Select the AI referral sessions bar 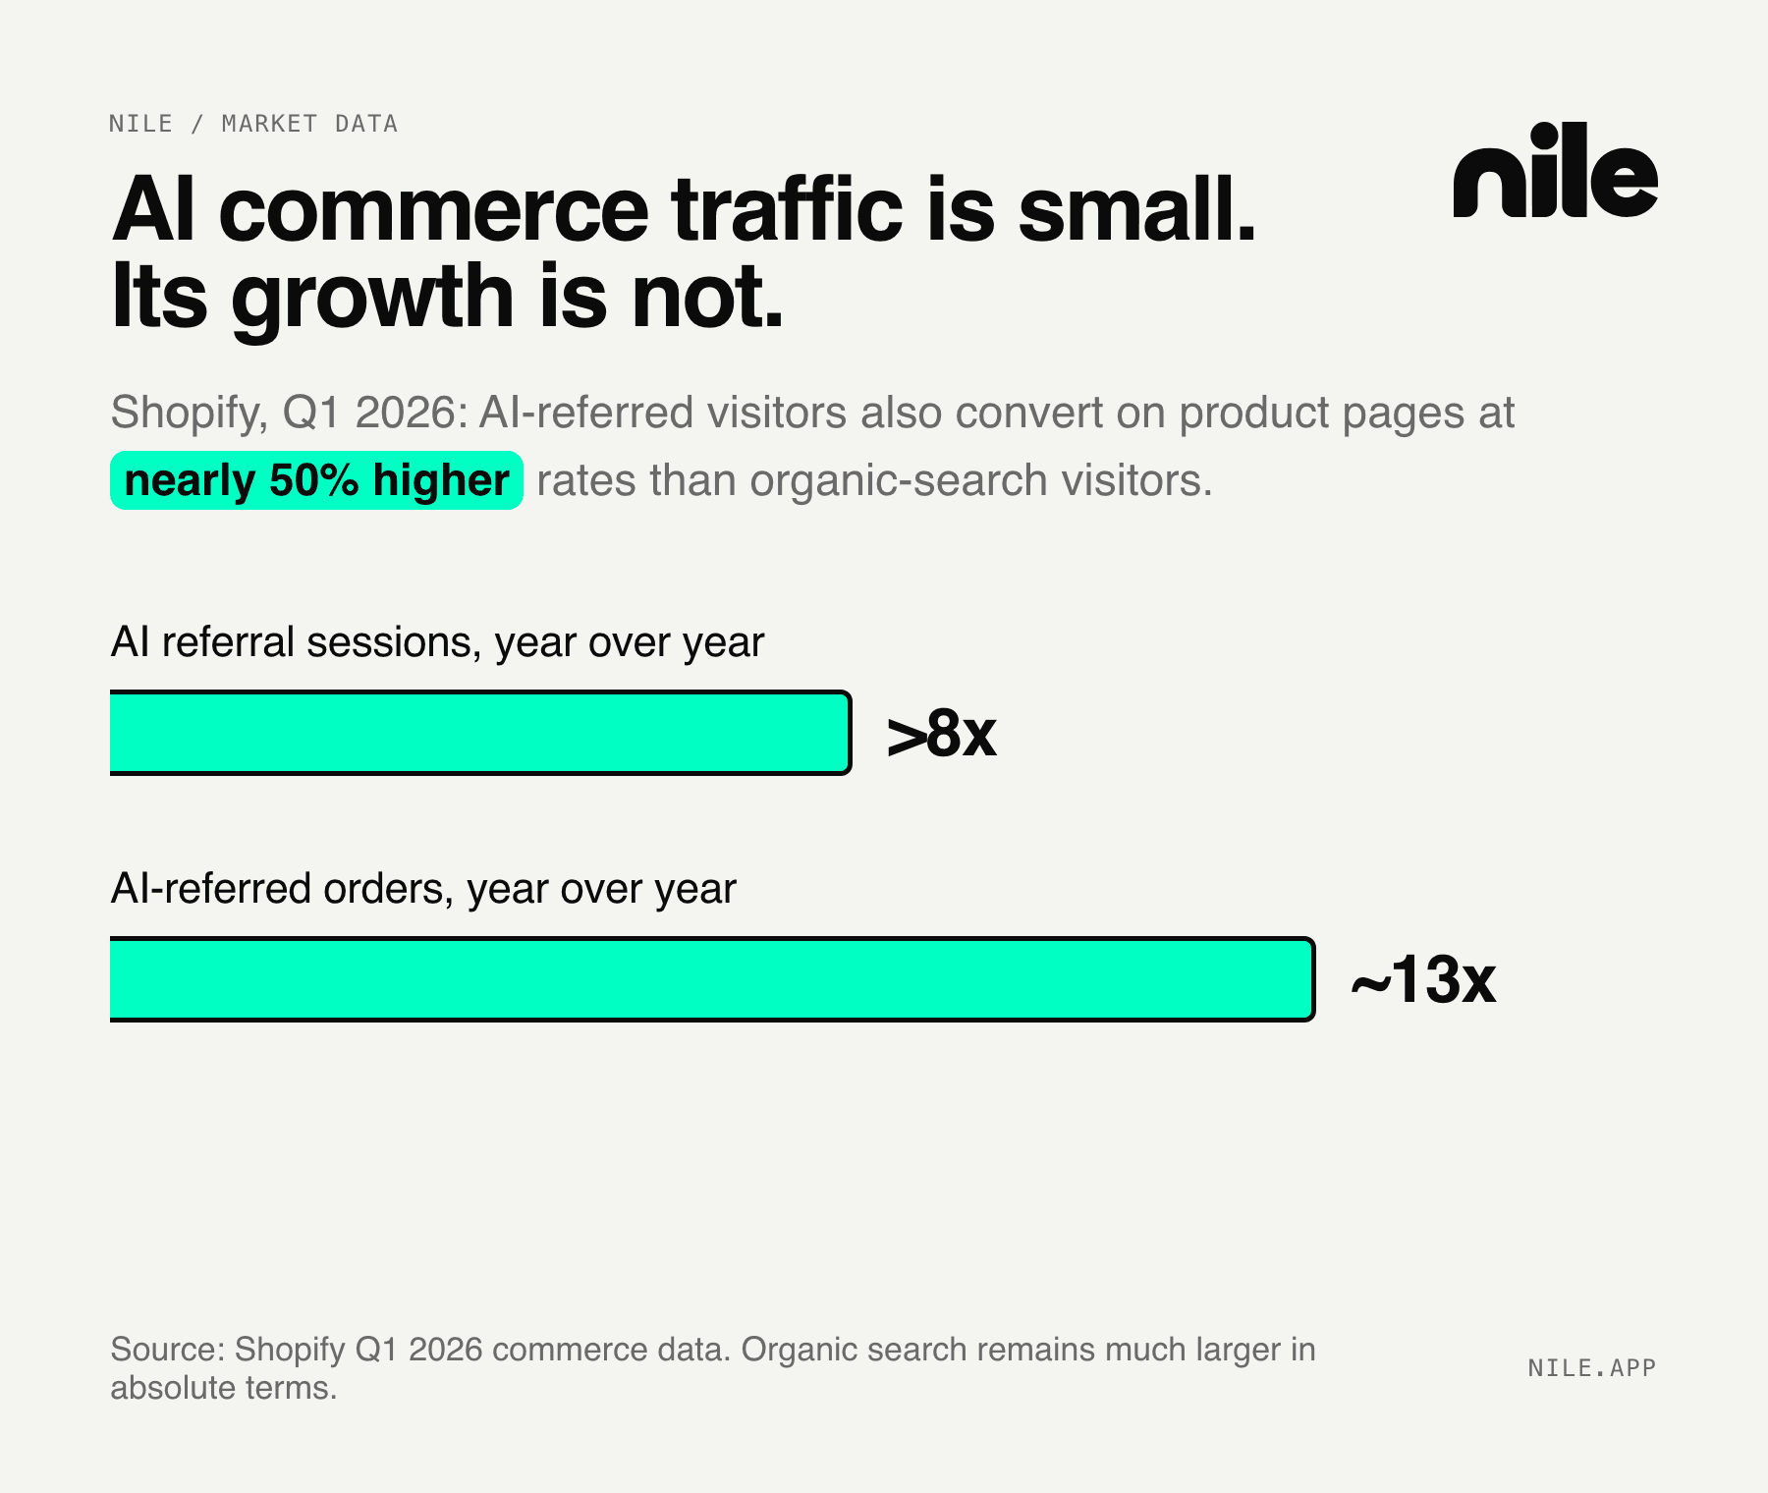480,733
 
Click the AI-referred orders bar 712,979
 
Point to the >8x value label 941,734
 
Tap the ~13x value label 1423,979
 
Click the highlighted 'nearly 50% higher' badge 316,480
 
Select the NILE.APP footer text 1592,1368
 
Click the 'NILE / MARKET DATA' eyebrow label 253,124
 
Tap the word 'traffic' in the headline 787,209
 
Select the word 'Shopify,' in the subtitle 189,413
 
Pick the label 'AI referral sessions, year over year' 437,642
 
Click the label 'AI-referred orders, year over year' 423,889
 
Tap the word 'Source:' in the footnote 166,1350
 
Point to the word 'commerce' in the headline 433,211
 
